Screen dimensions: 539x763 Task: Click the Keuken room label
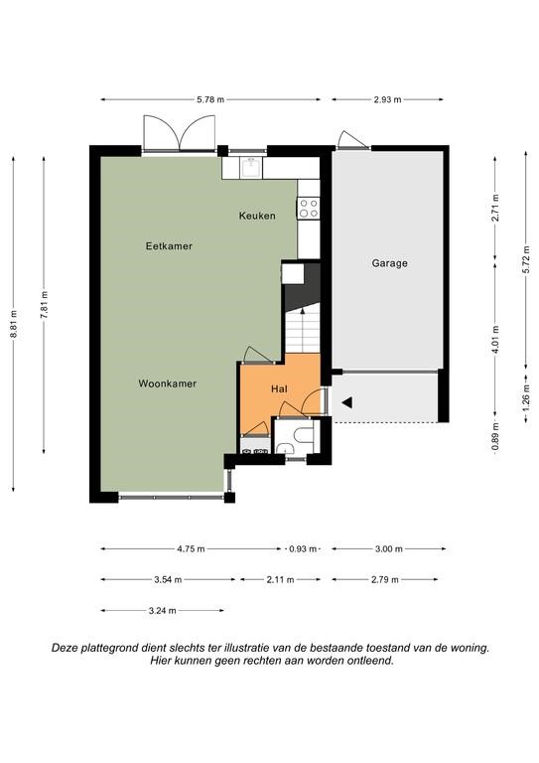257,216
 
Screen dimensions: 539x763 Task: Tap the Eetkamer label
169,246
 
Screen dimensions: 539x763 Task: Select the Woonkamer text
168,383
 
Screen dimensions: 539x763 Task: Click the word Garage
390,263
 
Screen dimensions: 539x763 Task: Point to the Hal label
279,388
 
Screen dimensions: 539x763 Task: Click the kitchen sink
251,167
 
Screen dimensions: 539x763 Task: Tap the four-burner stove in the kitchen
309,208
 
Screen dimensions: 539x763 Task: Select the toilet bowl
305,434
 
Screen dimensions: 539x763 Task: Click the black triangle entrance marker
347,402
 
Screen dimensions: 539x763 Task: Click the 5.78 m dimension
210,99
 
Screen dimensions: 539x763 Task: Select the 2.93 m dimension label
387,99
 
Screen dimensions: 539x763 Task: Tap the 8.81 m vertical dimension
14,324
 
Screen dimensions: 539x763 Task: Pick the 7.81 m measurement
45,305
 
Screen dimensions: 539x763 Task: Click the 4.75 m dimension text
191,548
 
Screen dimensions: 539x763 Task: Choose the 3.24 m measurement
163,611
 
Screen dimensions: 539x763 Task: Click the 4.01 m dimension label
495,340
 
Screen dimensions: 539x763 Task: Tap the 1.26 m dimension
526,397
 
